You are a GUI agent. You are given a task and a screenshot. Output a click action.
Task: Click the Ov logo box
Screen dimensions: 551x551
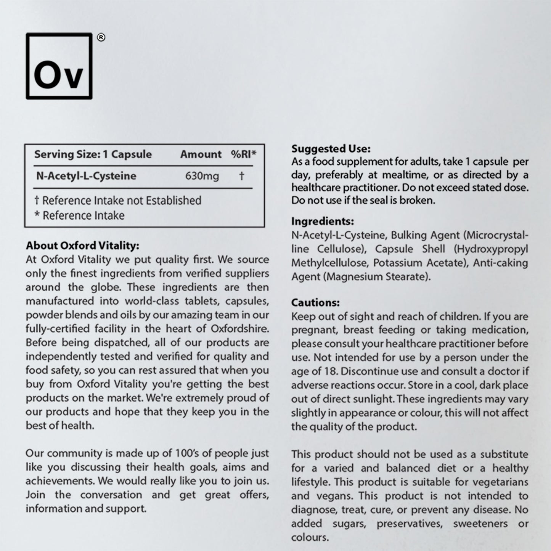pyautogui.click(x=59, y=66)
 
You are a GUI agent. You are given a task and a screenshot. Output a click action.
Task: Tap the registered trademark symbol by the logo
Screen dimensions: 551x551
pyautogui.click(x=101, y=37)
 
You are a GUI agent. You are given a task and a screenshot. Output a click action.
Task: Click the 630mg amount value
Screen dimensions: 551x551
pyautogui.click(x=202, y=176)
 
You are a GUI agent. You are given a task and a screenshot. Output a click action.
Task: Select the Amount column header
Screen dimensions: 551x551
pyautogui.click(x=201, y=154)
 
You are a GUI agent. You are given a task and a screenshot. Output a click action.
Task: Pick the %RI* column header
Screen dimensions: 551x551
pyautogui.click(x=243, y=154)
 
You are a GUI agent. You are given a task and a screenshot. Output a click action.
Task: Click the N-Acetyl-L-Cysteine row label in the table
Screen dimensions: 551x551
pyautogui.click(x=86, y=176)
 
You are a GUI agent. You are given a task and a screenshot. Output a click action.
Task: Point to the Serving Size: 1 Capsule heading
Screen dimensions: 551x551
pyautogui.click(x=93, y=154)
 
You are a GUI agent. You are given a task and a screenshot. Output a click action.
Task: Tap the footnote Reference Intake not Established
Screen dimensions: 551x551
pyautogui.click(x=118, y=201)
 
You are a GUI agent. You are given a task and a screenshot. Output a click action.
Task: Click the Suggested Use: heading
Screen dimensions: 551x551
pyautogui.click(x=331, y=148)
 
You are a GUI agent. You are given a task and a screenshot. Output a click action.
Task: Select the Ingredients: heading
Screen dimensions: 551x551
pyautogui.click(x=323, y=221)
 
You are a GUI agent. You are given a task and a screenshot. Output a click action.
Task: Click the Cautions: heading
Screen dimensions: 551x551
pyautogui.click(x=315, y=303)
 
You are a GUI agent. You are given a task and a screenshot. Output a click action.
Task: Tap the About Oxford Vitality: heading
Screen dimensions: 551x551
pyautogui.click(x=82, y=246)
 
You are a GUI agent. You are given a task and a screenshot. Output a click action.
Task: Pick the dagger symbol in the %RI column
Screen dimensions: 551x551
pyautogui.click(x=241, y=176)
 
